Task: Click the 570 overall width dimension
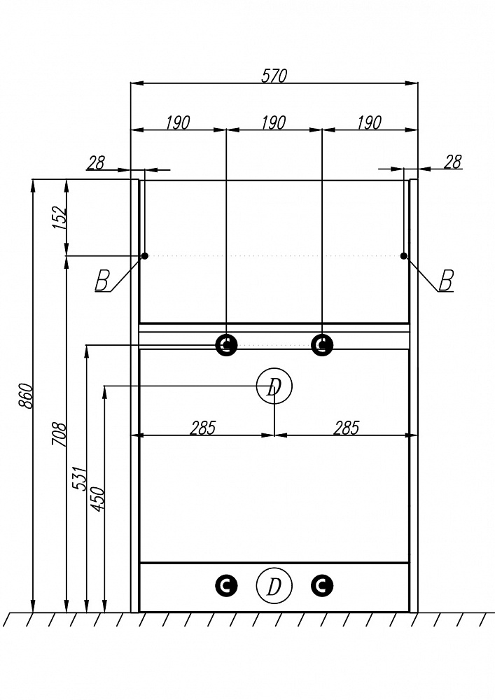(274, 76)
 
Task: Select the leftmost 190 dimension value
(178, 122)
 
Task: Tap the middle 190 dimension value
(274, 122)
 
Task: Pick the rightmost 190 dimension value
(370, 122)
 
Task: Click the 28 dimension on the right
(452, 162)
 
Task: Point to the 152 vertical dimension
(60, 218)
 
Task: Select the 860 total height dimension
(26, 395)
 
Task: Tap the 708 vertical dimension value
(60, 435)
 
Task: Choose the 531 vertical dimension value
(79, 479)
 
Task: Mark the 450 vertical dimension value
(97, 499)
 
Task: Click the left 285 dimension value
(202, 428)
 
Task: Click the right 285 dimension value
(347, 428)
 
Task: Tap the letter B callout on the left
(102, 281)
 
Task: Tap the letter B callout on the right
(446, 281)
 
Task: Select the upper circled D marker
(274, 386)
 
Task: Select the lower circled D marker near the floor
(274, 586)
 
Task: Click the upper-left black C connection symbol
(226, 344)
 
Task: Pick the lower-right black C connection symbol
(322, 586)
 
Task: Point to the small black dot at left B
(145, 255)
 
